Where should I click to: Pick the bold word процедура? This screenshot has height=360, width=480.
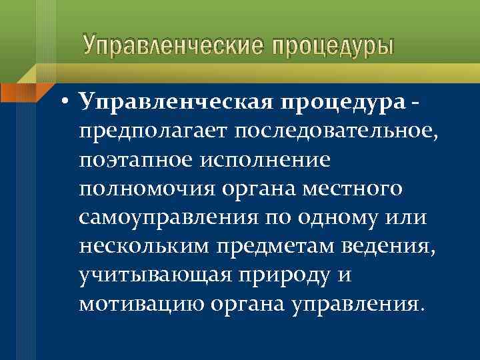pos(341,101)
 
